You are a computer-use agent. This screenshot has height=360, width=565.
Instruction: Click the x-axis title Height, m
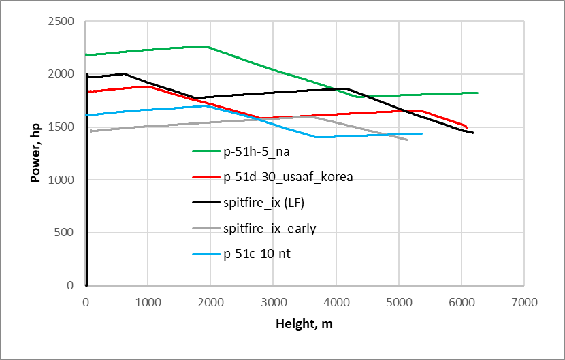coord(304,324)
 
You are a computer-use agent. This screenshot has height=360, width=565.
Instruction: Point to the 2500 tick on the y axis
coord(61,22)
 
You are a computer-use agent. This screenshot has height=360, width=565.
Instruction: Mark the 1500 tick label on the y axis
coord(61,127)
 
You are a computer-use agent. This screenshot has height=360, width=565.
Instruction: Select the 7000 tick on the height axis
coord(523,301)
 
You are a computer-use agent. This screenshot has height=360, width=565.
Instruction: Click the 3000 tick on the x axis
coord(272,301)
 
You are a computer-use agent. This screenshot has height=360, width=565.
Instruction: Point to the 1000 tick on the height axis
coord(148,301)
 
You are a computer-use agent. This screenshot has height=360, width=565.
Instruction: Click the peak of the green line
coord(206,46)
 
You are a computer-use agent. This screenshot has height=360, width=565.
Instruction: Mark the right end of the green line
coord(478,93)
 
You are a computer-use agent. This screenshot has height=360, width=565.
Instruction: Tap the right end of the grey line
coord(408,140)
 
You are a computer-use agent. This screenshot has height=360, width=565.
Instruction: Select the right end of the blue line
coord(422,133)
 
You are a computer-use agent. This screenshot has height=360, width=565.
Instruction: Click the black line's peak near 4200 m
coord(347,88)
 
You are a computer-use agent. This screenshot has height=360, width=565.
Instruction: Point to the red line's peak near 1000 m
coord(148,86)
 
